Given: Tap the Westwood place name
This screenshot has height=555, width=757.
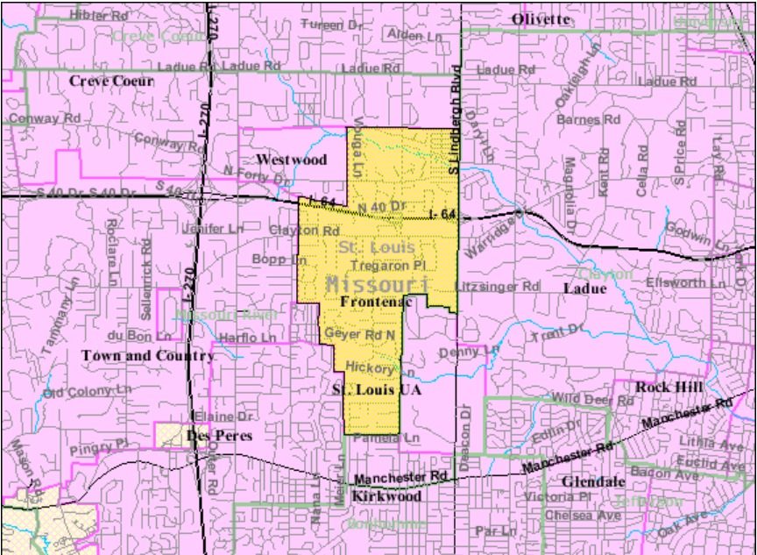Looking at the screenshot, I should (291, 160).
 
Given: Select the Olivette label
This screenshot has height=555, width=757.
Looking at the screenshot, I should (541, 19).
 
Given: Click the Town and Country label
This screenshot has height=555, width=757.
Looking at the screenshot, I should (147, 356).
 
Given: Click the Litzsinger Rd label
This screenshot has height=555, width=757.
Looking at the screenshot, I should (498, 286).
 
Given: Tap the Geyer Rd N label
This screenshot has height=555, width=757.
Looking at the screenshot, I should (360, 334).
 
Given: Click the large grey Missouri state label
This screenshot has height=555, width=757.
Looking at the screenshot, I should (378, 284).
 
